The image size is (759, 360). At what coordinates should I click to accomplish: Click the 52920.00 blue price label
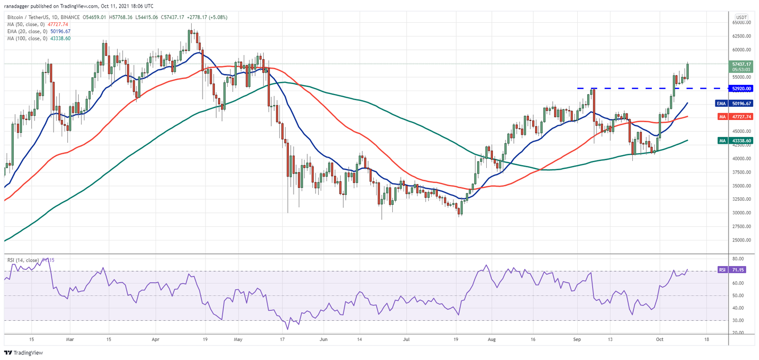[741, 89]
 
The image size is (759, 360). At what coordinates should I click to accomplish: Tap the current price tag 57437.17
[741, 64]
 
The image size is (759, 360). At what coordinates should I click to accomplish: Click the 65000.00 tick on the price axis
[741, 22]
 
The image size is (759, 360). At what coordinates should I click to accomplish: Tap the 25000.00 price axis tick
[741, 240]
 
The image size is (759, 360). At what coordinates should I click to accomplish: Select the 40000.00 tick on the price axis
[741, 158]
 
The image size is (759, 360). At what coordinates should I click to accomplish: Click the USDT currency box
[741, 17]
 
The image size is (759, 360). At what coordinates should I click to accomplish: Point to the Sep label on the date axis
[577, 340]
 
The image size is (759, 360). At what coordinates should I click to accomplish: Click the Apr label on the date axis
[156, 340]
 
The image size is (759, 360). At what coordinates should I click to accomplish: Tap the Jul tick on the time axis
[406, 340]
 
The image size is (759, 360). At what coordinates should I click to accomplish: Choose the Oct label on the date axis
[659, 340]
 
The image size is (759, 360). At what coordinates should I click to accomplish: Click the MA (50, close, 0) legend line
[37, 25]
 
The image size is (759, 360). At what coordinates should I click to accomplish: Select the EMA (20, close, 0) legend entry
[38, 32]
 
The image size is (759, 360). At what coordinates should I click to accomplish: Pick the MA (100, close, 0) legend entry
[38, 38]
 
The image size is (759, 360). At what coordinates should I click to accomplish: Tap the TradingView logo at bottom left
[23, 353]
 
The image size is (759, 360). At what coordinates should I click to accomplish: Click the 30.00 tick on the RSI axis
[738, 321]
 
